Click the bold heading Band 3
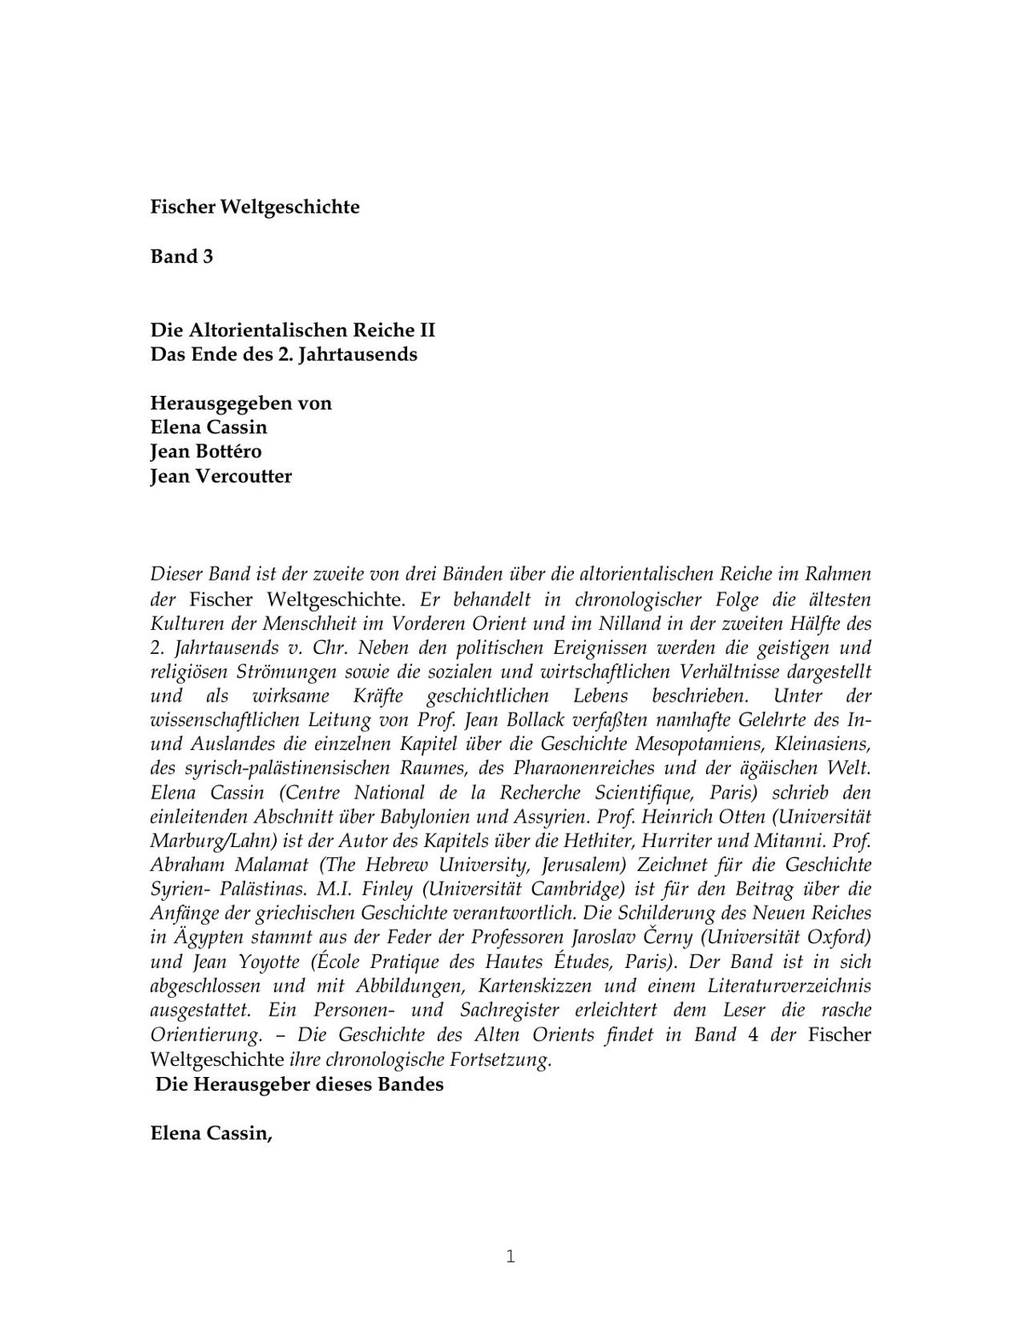tap(181, 256)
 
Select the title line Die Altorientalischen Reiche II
tap(292, 329)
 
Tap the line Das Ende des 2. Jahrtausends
tap(284, 354)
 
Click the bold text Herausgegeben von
tap(241, 403)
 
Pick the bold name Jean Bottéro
tap(206, 451)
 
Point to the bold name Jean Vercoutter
tap(221, 476)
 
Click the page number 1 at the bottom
tap(510, 1257)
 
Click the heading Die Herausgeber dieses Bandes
tap(300, 1085)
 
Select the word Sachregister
tap(509, 1011)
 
